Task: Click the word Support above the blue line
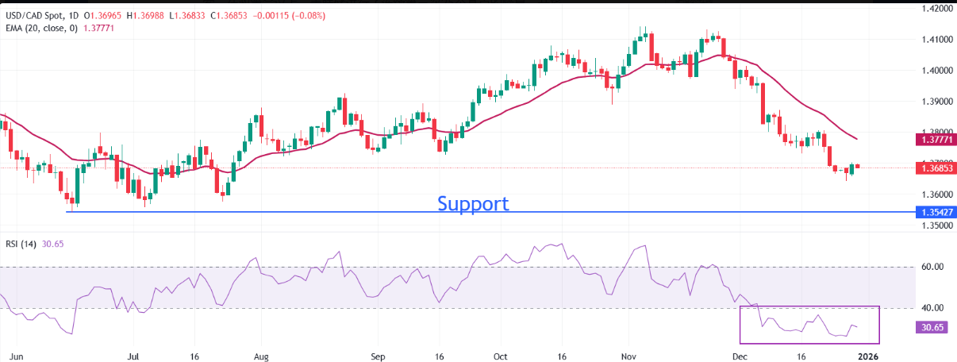(x=473, y=203)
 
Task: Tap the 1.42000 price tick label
(x=936, y=9)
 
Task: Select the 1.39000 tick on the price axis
(x=936, y=102)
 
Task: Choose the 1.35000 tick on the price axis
(x=936, y=225)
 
